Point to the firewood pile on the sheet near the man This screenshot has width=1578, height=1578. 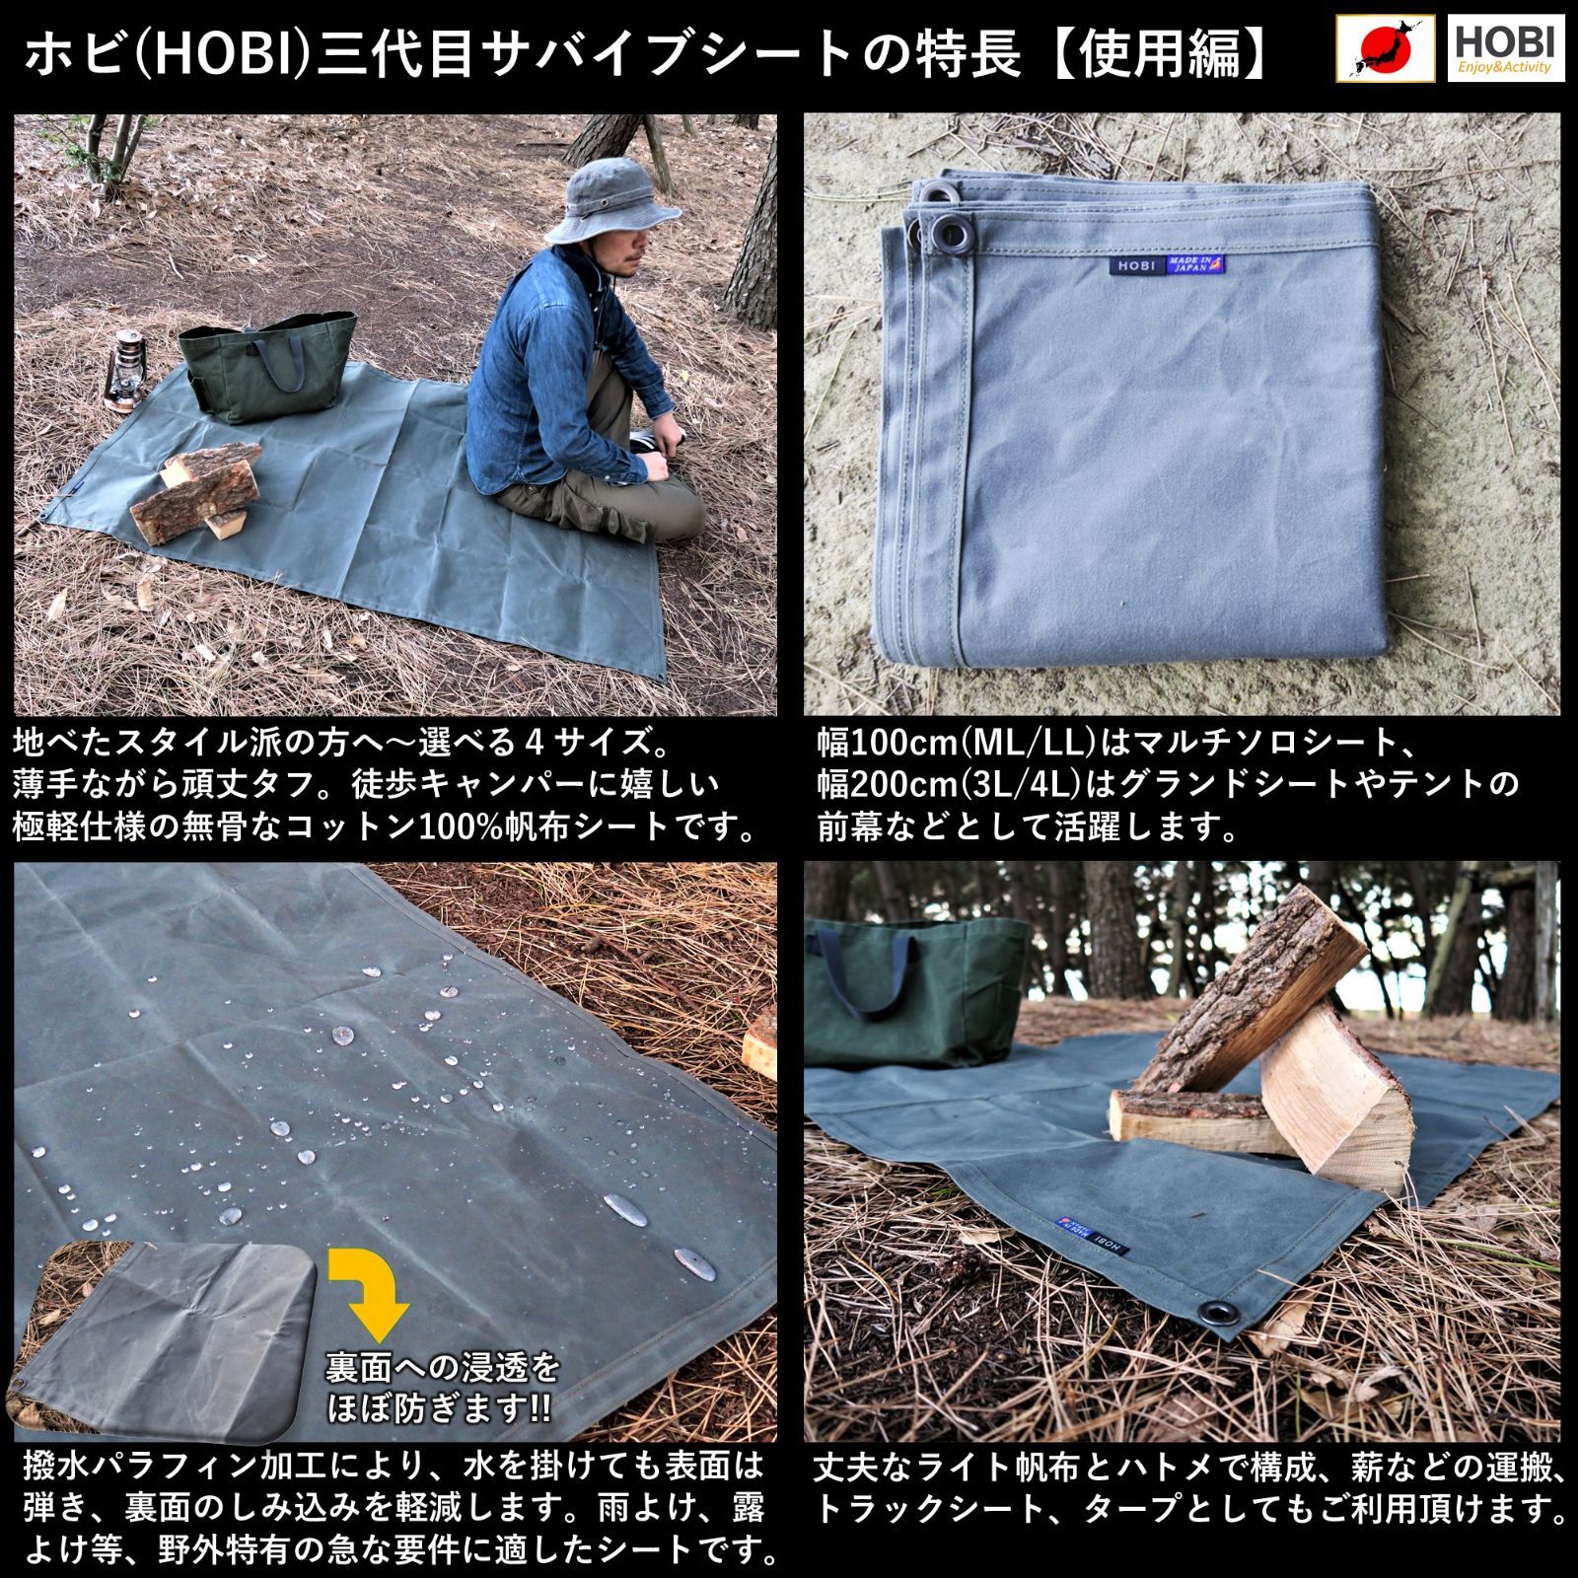point(197,490)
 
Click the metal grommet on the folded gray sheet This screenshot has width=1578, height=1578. point(953,234)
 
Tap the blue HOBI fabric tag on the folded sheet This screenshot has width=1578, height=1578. point(1134,265)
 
